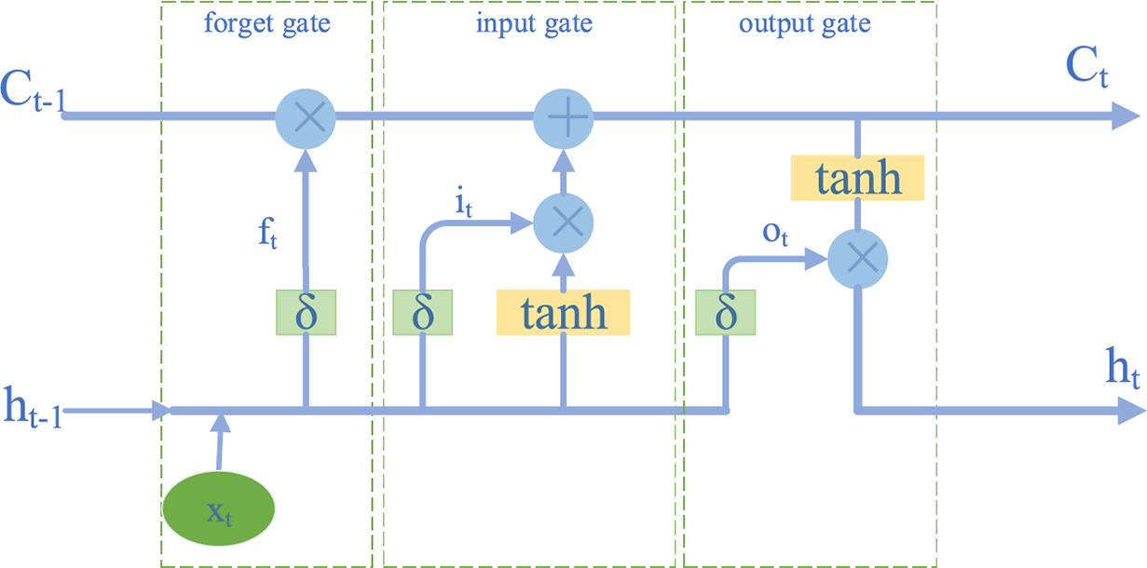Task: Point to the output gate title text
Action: [805, 24]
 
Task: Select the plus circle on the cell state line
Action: [563, 117]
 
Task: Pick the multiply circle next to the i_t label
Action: [563, 223]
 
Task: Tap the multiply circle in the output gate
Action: [857, 259]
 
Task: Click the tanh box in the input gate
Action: [563, 313]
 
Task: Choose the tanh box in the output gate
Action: [857, 178]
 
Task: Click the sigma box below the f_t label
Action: [306, 313]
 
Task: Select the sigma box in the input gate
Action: [423, 313]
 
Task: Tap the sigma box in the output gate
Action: [726, 313]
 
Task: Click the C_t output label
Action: [1086, 68]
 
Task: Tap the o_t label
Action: [775, 236]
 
